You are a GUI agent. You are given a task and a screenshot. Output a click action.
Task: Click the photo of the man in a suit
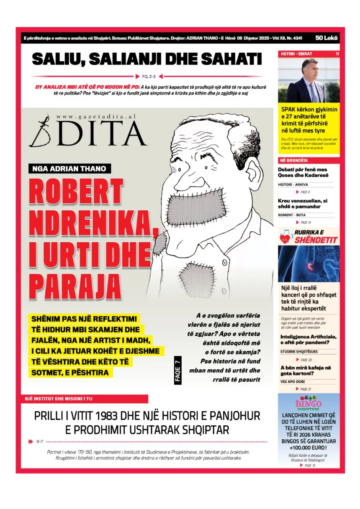309,80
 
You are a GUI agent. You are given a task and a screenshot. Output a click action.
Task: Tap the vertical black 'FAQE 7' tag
178,371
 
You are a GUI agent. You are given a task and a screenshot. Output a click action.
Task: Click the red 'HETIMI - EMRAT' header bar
309,54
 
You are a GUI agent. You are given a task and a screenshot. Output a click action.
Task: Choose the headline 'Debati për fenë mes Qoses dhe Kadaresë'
302,173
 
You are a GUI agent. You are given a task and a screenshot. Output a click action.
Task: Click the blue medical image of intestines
309,263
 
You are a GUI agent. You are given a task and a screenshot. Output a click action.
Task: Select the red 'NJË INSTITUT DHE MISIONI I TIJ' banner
84,399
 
